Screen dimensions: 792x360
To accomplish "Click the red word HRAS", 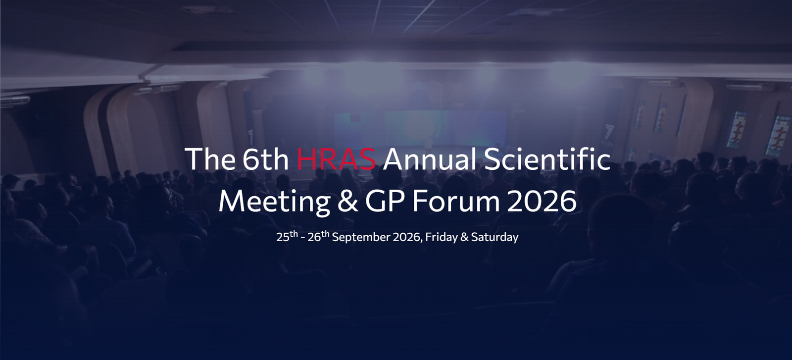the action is pos(336,159).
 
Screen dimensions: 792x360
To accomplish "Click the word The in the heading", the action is pos(210,159).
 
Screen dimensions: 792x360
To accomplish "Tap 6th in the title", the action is pos(265,159).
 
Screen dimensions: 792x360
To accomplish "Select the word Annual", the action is pos(430,159).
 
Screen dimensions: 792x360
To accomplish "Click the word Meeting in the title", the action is pos(274,201).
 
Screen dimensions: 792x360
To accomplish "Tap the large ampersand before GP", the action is pos(347,201).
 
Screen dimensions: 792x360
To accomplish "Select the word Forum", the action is pos(456,201).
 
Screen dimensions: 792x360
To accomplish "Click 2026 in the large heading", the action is pos(542,201).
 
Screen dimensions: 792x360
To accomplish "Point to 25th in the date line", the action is pos(287,236).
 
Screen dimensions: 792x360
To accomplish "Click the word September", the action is pos(361,237).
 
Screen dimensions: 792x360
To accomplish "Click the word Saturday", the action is pos(495,237).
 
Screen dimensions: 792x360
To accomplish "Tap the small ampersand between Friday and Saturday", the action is pos(465,237).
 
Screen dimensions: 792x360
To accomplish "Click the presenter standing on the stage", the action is pos(429,143).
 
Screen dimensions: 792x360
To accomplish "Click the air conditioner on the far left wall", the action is pos(15,101).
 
